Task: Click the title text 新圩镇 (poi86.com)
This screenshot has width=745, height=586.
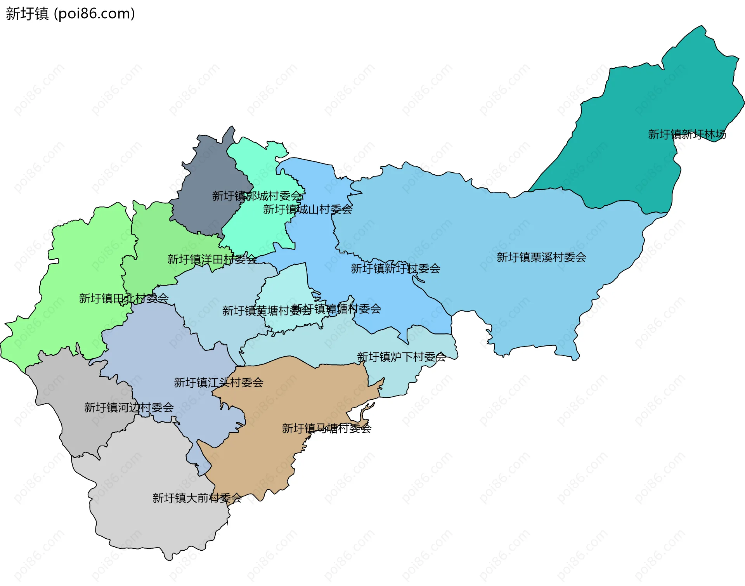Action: coord(70,14)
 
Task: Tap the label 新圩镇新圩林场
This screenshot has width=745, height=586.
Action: coord(687,134)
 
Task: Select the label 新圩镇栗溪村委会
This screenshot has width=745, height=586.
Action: coord(541,257)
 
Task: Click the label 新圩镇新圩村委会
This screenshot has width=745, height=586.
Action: coord(395,269)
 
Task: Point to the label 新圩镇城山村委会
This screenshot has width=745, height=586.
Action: coord(308,210)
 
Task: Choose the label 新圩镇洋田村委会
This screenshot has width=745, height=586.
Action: coord(212,259)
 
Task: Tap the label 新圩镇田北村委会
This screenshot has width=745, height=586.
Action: coord(124,298)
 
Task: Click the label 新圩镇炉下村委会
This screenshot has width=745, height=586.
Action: coord(401,357)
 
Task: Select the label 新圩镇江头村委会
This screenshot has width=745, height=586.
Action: coord(218,383)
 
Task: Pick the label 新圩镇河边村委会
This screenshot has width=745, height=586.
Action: coord(129,407)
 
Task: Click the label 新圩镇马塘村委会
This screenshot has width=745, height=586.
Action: coord(327,428)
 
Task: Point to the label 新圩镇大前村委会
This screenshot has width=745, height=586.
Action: coord(197,498)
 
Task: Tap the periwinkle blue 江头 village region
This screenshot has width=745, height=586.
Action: coord(163,349)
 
